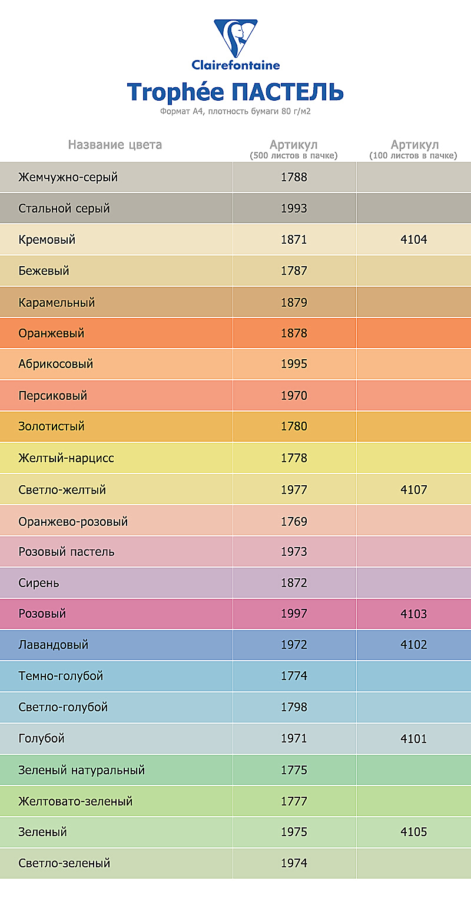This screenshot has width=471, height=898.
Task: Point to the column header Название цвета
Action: click(x=115, y=145)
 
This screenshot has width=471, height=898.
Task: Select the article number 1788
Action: click(x=294, y=177)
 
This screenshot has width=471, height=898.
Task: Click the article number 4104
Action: click(x=413, y=240)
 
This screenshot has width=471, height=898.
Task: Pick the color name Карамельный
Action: click(x=57, y=303)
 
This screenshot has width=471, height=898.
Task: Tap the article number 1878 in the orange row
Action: click(x=294, y=333)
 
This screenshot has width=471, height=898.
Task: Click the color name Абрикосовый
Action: click(x=56, y=364)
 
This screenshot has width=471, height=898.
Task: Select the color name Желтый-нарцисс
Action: click(x=67, y=458)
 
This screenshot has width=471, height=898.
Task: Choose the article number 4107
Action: click(x=413, y=489)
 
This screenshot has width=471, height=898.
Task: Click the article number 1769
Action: click(x=294, y=521)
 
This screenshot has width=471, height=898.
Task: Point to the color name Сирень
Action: click(x=39, y=583)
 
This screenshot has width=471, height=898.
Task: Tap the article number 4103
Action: click(x=413, y=614)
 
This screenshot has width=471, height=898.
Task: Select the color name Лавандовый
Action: click(x=54, y=645)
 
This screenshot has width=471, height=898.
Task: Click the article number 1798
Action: click(x=294, y=707)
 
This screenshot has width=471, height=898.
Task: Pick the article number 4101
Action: click(x=413, y=738)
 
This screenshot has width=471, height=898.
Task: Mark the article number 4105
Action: click(x=413, y=832)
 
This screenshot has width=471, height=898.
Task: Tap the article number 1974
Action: click(x=294, y=863)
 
